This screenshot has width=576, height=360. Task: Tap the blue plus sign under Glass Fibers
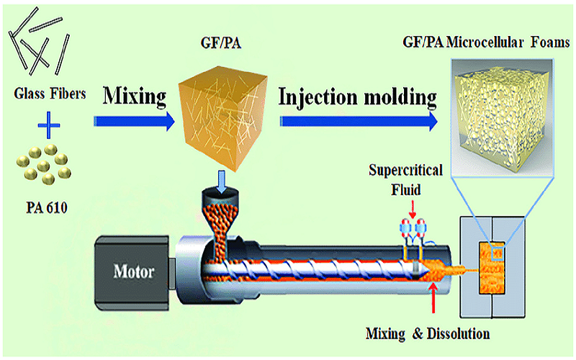tap(48, 130)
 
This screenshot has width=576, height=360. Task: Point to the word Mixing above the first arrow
tap(136, 95)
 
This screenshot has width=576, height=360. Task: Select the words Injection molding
tap(357, 96)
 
